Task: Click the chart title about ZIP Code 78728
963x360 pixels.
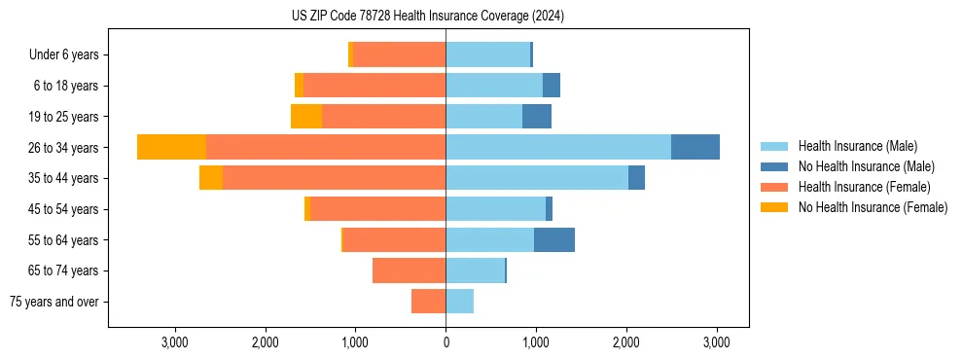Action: point(427,17)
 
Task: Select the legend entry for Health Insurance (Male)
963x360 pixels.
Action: point(857,146)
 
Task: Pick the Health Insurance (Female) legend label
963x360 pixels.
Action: point(865,187)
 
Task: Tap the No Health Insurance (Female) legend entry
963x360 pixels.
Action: point(873,207)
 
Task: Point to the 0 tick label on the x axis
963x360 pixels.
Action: point(446,342)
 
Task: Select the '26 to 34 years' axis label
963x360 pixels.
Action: point(65,148)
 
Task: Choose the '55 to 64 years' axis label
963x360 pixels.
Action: point(65,240)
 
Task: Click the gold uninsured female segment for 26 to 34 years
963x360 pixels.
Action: point(171,147)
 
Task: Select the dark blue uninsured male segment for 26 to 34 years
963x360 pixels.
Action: point(695,147)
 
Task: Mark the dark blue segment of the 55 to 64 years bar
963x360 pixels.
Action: point(553,239)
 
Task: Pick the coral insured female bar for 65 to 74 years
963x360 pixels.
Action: point(409,270)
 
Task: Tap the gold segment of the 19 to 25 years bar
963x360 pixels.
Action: point(306,117)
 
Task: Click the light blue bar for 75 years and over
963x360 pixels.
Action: point(459,302)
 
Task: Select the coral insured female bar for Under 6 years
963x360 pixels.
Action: point(399,55)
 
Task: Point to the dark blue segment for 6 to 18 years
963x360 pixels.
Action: point(551,86)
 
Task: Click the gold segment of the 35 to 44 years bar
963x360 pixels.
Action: point(211,178)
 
